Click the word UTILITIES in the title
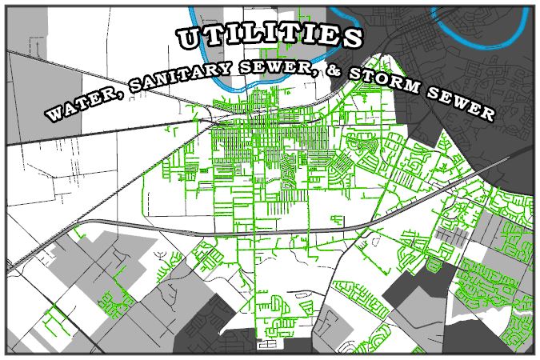(270, 37)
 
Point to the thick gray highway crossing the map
(240, 230)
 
